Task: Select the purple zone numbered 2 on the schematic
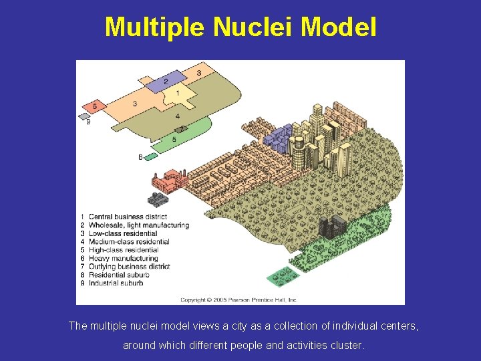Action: [x=166, y=82]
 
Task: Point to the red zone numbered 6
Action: [x=95, y=106]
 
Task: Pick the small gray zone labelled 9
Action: [x=84, y=116]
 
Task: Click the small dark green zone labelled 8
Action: [x=151, y=156]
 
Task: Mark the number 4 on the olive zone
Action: [x=177, y=116]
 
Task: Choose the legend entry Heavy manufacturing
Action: [x=124, y=258]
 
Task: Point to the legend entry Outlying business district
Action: [x=130, y=266]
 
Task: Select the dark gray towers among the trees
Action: [x=332, y=228]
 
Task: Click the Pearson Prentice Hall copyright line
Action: [x=239, y=300]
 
